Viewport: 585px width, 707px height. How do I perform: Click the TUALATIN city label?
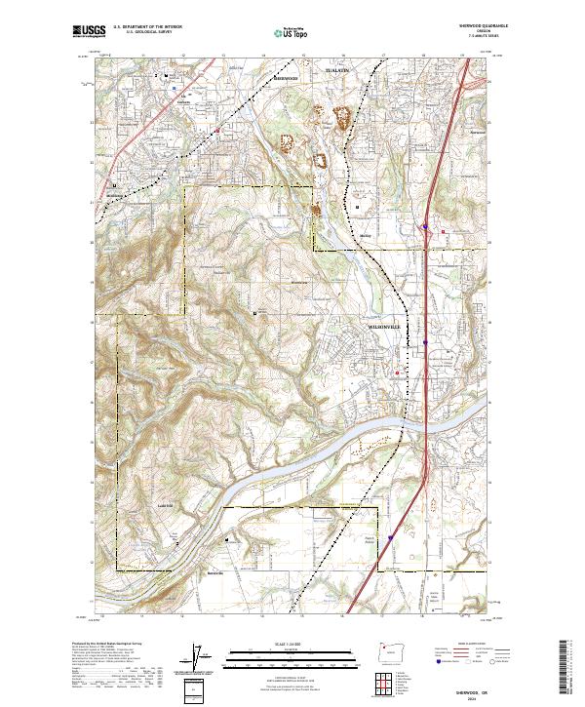[335, 71]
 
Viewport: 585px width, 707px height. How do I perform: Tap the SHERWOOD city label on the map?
[286, 78]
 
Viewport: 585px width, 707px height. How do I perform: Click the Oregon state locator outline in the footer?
[383, 648]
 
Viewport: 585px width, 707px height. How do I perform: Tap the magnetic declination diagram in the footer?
[204, 658]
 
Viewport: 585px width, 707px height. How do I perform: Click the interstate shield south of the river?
[391, 535]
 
